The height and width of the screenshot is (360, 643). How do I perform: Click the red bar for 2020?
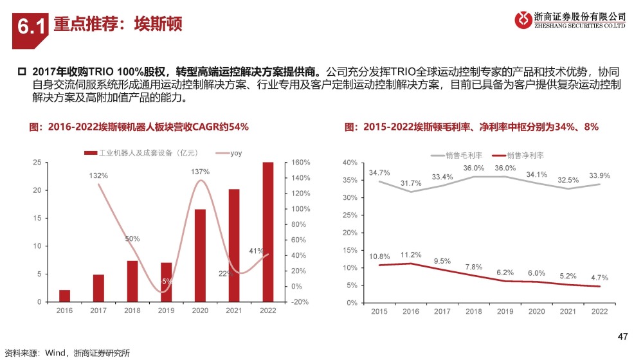(x=200, y=255)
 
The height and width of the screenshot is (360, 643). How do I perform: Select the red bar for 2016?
(x=64, y=296)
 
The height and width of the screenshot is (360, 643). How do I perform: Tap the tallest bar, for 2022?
(x=267, y=232)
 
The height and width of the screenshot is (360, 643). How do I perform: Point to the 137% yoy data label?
(x=200, y=172)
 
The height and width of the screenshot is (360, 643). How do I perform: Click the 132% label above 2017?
(x=98, y=175)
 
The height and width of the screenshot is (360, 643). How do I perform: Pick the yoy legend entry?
(x=229, y=153)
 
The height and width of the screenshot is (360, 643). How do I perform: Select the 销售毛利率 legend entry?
(x=457, y=156)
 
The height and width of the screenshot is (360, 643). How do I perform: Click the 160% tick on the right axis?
(x=300, y=163)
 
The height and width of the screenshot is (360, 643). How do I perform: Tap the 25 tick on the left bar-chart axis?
(x=37, y=163)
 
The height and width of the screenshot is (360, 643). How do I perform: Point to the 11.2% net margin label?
(x=411, y=255)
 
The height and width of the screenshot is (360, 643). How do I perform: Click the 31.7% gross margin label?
(x=411, y=183)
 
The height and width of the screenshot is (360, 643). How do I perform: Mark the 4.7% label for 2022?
(x=599, y=278)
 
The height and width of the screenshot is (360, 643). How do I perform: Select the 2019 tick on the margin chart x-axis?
(x=505, y=312)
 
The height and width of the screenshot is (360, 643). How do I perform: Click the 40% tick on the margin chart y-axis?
(x=350, y=163)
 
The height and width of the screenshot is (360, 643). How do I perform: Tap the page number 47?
(x=622, y=337)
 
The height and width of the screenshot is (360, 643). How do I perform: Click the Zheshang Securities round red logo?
(x=523, y=20)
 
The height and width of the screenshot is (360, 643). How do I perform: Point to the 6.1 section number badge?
(x=30, y=30)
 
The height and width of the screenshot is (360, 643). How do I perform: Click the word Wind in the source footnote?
(x=55, y=353)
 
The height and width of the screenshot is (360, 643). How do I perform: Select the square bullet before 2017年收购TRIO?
(x=22, y=72)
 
